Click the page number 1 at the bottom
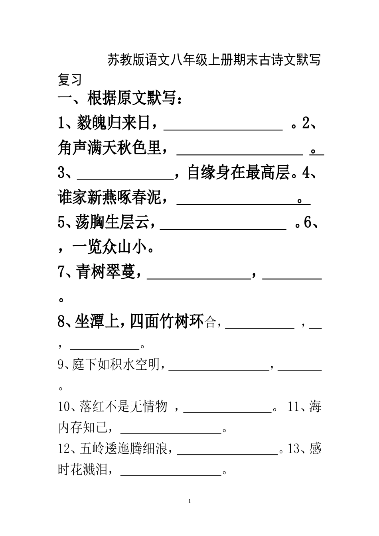click(189, 501)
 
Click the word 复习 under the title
click(70, 79)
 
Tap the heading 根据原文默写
click(132, 99)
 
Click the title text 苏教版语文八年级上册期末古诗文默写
click(214, 60)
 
